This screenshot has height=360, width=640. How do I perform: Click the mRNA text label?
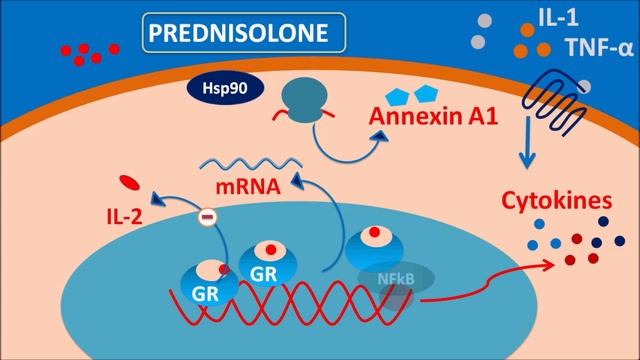pos(243,186)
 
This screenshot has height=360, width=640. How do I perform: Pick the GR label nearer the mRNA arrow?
pos(263,273)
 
